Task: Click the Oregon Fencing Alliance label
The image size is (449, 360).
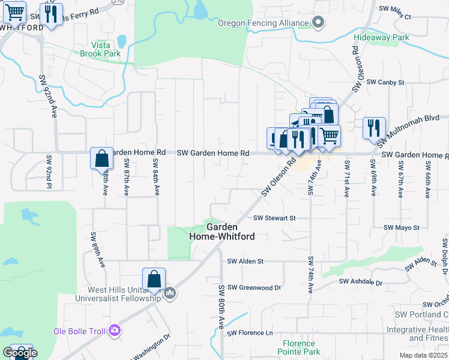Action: [264, 23]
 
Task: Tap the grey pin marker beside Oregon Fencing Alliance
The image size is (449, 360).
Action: [319, 23]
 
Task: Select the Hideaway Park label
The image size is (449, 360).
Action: [381, 37]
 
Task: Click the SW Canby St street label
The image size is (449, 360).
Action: [385, 82]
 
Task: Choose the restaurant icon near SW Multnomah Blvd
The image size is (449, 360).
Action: [373, 128]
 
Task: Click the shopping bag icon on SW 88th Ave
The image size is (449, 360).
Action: [102, 159]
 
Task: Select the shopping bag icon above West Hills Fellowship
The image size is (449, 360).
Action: [154, 279]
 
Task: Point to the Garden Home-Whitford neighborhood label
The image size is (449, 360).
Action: [221, 232]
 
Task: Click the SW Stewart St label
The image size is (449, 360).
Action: [274, 218]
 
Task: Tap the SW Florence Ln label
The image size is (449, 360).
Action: [250, 332]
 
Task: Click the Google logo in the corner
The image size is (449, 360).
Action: [19, 352]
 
